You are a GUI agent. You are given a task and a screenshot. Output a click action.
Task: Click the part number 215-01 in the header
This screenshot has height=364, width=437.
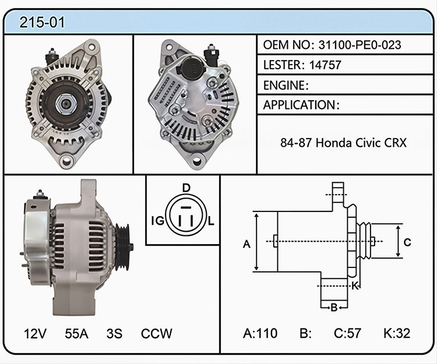click(x=42, y=22)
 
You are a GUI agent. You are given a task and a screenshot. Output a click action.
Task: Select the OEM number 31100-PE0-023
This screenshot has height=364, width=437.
click(x=360, y=45)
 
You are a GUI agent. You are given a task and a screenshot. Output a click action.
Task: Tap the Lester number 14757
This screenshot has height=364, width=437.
click(x=325, y=65)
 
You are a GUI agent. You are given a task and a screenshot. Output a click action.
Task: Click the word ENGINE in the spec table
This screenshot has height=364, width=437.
click(x=284, y=85)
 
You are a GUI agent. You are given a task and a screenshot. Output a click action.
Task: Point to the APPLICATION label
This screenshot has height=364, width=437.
click(x=299, y=105)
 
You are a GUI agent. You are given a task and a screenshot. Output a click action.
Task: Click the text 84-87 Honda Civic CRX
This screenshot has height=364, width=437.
click(x=343, y=143)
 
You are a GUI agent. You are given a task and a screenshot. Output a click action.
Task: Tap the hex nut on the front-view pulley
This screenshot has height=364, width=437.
click(x=65, y=103)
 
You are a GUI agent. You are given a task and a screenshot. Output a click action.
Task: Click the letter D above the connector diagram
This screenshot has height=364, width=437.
click(x=186, y=188)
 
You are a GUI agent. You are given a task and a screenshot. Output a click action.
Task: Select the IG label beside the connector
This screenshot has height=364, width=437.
click(x=158, y=221)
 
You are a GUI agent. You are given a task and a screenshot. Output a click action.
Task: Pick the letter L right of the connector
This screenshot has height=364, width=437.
click(x=211, y=221)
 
